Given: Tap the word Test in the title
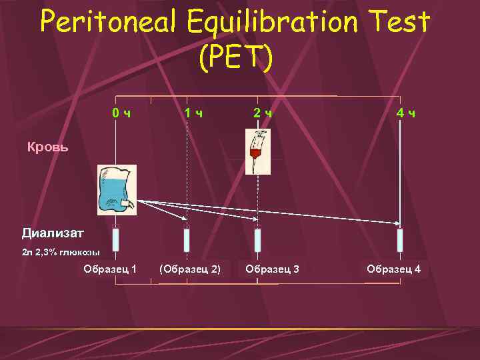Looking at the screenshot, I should point(401,23).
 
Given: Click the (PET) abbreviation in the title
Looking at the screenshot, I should point(235,59).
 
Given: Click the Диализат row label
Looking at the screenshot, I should point(53,233).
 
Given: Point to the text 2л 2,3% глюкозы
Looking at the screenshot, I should point(61,253).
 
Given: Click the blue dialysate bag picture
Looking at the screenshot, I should point(116,190).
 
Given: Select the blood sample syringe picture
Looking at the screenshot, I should point(257,152).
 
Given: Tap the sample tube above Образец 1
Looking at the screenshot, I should point(116,240).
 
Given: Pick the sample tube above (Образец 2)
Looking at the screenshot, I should point(187,240).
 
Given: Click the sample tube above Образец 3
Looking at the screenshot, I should point(258,240).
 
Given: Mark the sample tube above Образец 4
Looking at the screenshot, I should point(400,240).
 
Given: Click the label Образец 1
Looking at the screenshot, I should point(110,269).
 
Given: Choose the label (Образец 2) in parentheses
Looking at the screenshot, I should point(190,269).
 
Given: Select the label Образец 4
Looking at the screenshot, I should point(393,269).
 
